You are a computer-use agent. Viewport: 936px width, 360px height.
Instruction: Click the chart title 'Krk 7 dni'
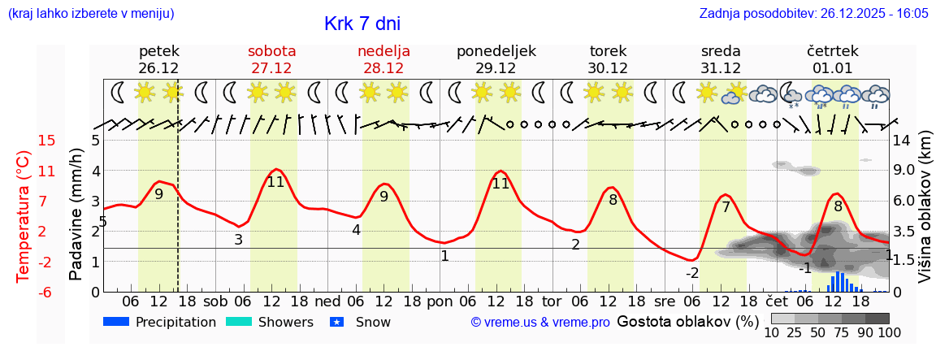pyautogui.click(x=362, y=24)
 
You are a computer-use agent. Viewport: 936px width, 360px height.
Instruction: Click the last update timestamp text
pyautogui.click(x=813, y=14)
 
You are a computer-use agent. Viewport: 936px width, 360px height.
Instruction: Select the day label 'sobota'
pyautogui.click(x=271, y=51)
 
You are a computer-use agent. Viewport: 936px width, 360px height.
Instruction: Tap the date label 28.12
pyautogui.click(x=383, y=68)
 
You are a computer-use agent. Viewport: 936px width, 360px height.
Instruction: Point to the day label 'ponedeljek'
pyautogui.click(x=496, y=51)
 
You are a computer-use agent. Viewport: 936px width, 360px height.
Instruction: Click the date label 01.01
pyautogui.click(x=833, y=68)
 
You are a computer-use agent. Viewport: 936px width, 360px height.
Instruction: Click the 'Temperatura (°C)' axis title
pyautogui.click(x=24, y=216)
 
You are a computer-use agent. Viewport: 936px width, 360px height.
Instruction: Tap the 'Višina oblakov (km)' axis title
pyautogui.click(x=925, y=216)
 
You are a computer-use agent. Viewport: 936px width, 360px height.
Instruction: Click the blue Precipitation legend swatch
pyautogui.click(x=116, y=322)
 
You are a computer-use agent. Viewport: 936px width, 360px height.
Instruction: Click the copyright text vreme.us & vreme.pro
pyautogui.click(x=540, y=323)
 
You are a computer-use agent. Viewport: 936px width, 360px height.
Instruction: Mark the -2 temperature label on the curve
pyautogui.click(x=692, y=272)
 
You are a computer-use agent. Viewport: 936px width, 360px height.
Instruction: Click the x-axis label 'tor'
pyautogui.click(x=552, y=301)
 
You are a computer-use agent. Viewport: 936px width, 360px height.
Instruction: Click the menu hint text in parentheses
pyautogui.click(x=90, y=14)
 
